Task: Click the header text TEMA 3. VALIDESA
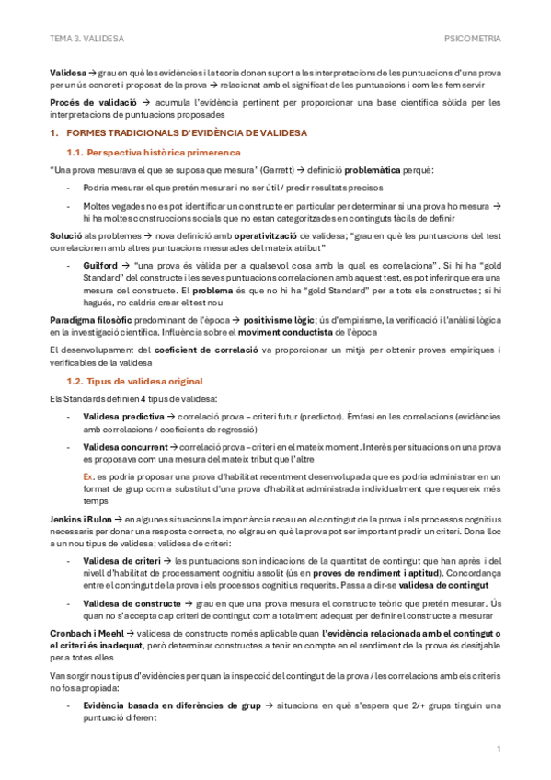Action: (86, 40)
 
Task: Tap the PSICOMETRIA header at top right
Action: (472, 40)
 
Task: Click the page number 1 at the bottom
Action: (498, 749)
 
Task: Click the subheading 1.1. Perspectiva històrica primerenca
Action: (154, 152)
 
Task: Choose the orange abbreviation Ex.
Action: (88, 478)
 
